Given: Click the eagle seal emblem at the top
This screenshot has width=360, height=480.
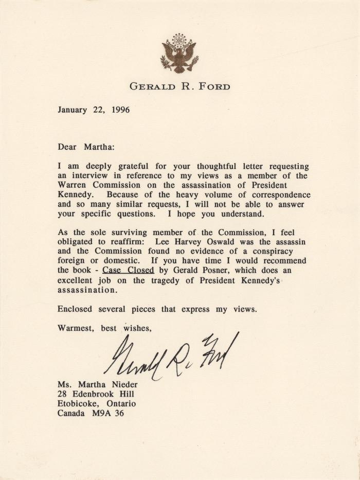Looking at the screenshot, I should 179,54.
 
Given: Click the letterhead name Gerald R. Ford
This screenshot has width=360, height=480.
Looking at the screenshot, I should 180,86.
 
